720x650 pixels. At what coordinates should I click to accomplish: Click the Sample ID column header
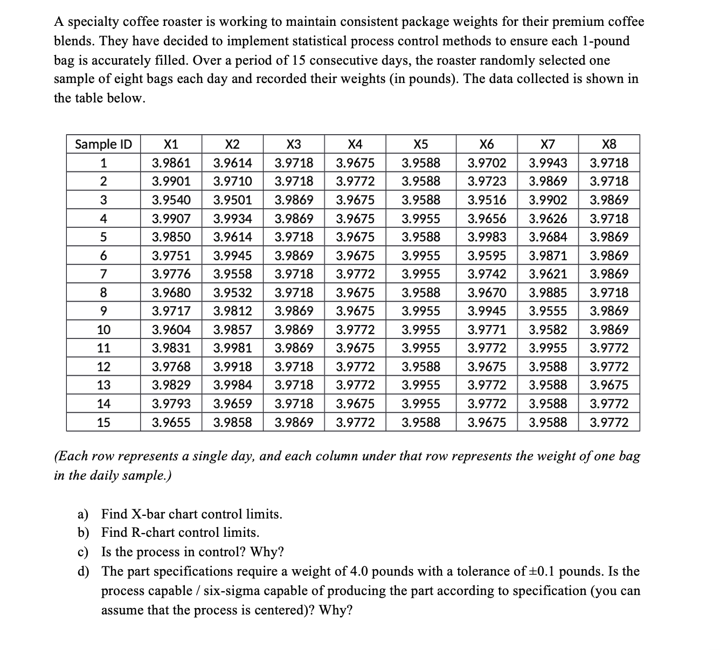(103, 144)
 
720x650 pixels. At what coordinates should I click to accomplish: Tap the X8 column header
(608, 144)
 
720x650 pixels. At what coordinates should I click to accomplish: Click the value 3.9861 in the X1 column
(171, 163)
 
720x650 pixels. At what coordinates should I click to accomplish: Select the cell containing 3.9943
(548, 163)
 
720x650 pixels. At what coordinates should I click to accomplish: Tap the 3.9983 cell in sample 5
(487, 237)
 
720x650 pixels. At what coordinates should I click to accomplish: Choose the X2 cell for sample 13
(232, 385)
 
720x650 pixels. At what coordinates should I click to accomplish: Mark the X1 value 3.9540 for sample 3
(171, 200)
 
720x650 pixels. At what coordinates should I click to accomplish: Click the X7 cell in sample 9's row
(548, 311)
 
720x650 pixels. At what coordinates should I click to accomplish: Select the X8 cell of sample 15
(608, 423)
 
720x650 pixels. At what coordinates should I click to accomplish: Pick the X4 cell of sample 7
(355, 274)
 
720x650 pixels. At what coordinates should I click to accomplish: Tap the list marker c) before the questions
(83, 552)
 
